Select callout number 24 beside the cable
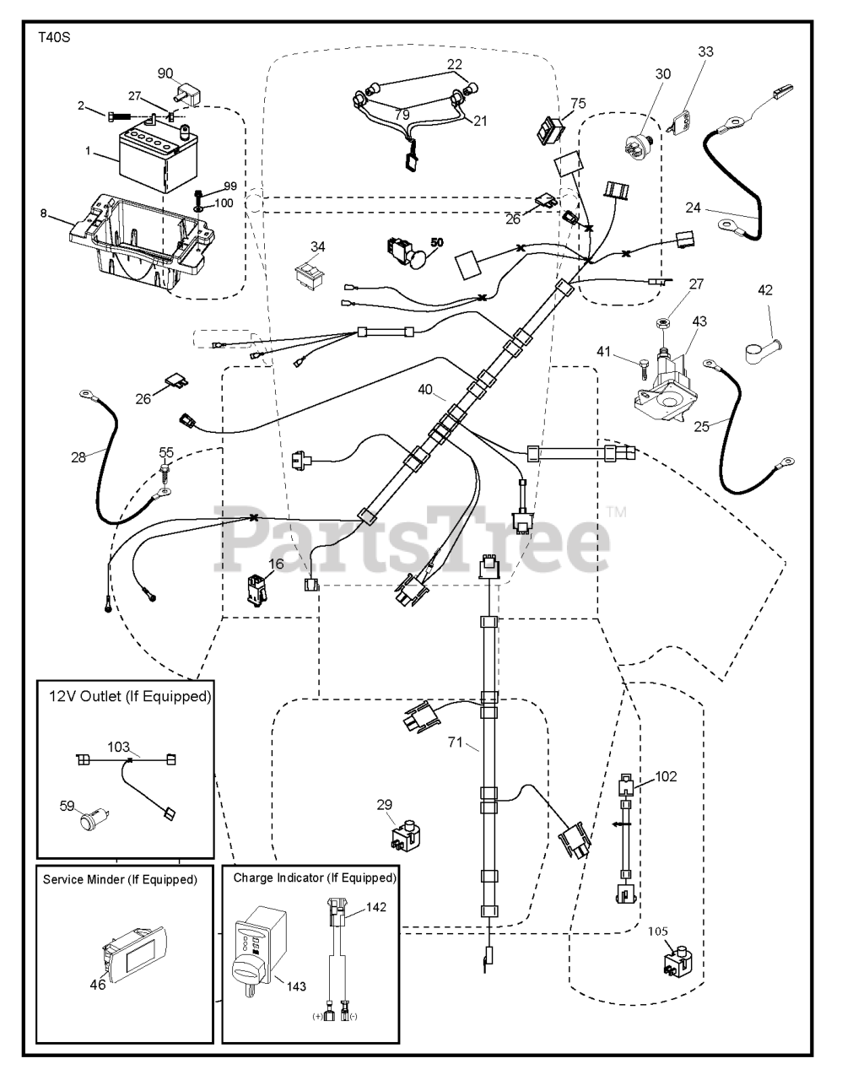[693, 207]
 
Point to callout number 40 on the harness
[425, 389]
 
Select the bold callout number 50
[436, 242]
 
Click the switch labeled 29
[407, 836]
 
